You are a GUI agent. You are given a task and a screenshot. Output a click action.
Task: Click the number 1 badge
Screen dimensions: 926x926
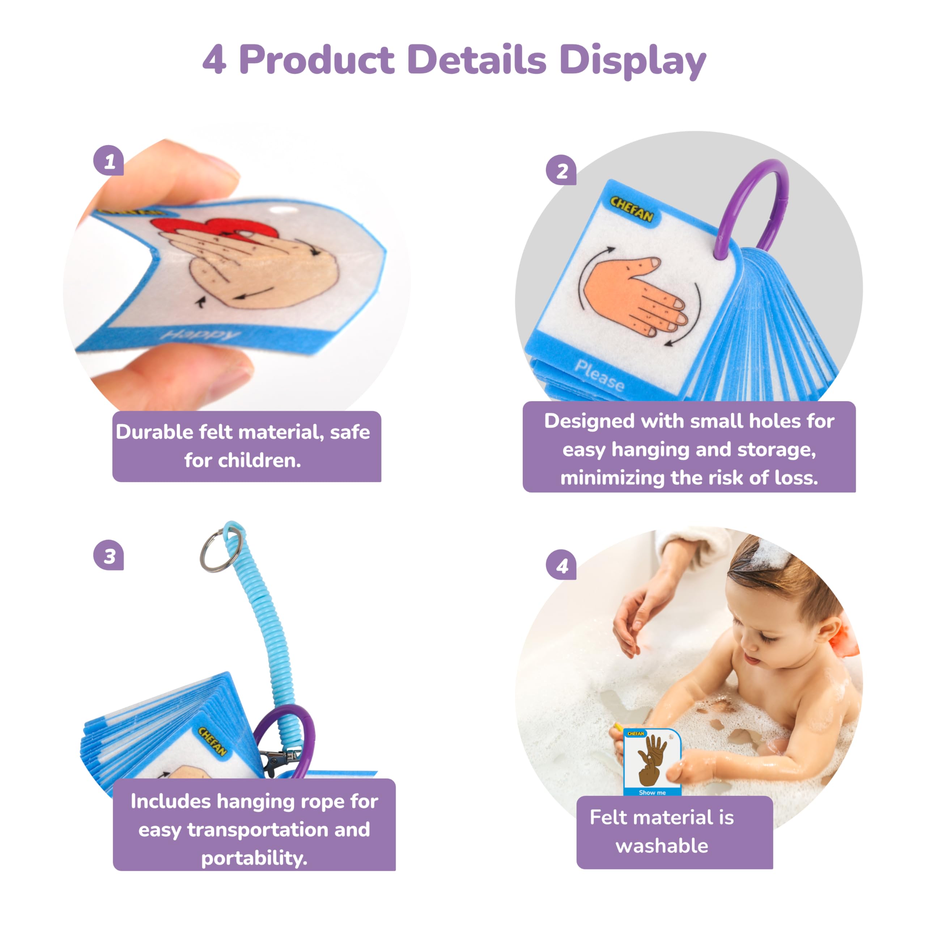[x=109, y=161]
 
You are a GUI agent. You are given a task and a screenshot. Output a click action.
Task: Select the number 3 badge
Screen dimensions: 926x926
[x=109, y=556]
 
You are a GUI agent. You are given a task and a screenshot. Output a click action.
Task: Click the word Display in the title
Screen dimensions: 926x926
[x=632, y=60]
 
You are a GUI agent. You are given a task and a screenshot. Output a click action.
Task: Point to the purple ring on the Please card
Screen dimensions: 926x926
[x=748, y=201]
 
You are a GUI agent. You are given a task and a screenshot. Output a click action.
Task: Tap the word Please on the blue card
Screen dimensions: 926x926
[x=599, y=375]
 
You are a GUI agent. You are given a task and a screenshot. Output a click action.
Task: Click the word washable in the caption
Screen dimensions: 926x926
[x=662, y=846]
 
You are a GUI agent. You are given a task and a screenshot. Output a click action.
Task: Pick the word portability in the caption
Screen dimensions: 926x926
[x=254, y=858]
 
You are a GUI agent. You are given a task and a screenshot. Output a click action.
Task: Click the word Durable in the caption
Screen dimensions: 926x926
[x=154, y=432]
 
